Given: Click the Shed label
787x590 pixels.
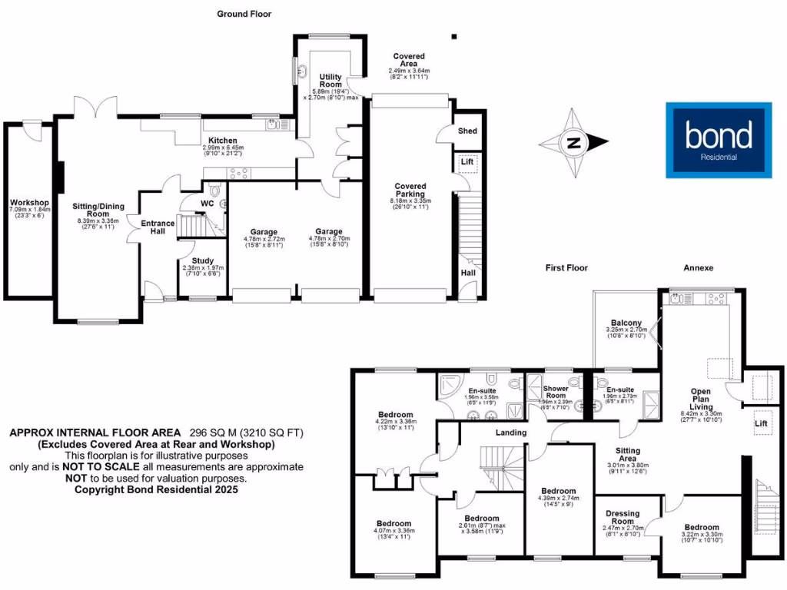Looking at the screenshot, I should pyautogui.click(x=467, y=131).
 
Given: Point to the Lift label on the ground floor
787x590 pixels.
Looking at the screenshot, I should pyautogui.click(x=467, y=163).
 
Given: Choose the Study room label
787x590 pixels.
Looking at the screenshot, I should pyautogui.click(x=203, y=261).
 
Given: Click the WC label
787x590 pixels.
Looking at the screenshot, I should pyautogui.click(x=207, y=204).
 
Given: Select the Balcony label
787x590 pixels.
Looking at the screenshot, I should pyautogui.click(x=626, y=322).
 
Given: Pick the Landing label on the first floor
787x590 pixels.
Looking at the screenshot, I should pyautogui.click(x=511, y=433).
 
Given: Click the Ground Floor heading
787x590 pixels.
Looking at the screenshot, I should pyautogui.click(x=244, y=14).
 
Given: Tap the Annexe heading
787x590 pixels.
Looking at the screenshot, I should pyautogui.click(x=699, y=268).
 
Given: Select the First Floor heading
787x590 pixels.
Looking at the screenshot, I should pyautogui.click(x=566, y=268).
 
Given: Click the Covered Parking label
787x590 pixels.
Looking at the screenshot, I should pyautogui.click(x=410, y=191).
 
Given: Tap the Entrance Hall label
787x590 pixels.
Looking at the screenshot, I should pyautogui.click(x=158, y=227).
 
